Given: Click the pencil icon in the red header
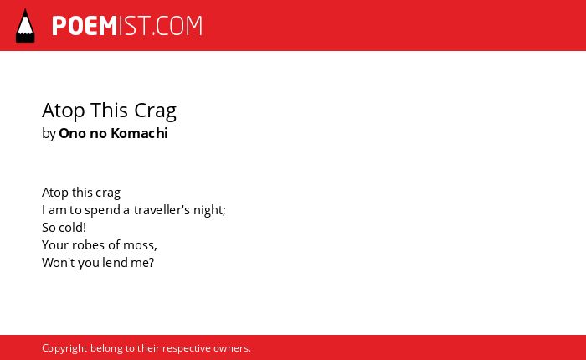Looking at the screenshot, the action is [25, 25].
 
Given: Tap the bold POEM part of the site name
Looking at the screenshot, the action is [85, 26].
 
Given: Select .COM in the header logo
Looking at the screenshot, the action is [177, 26].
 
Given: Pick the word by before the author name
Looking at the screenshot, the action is [49, 134].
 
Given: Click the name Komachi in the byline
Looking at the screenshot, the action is [140, 133].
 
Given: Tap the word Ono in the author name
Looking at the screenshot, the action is [73, 133].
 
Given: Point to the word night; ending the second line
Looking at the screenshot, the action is [209, 210].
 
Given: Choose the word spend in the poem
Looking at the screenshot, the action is [102, 210].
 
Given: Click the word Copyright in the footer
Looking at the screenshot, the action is [64, 348].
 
